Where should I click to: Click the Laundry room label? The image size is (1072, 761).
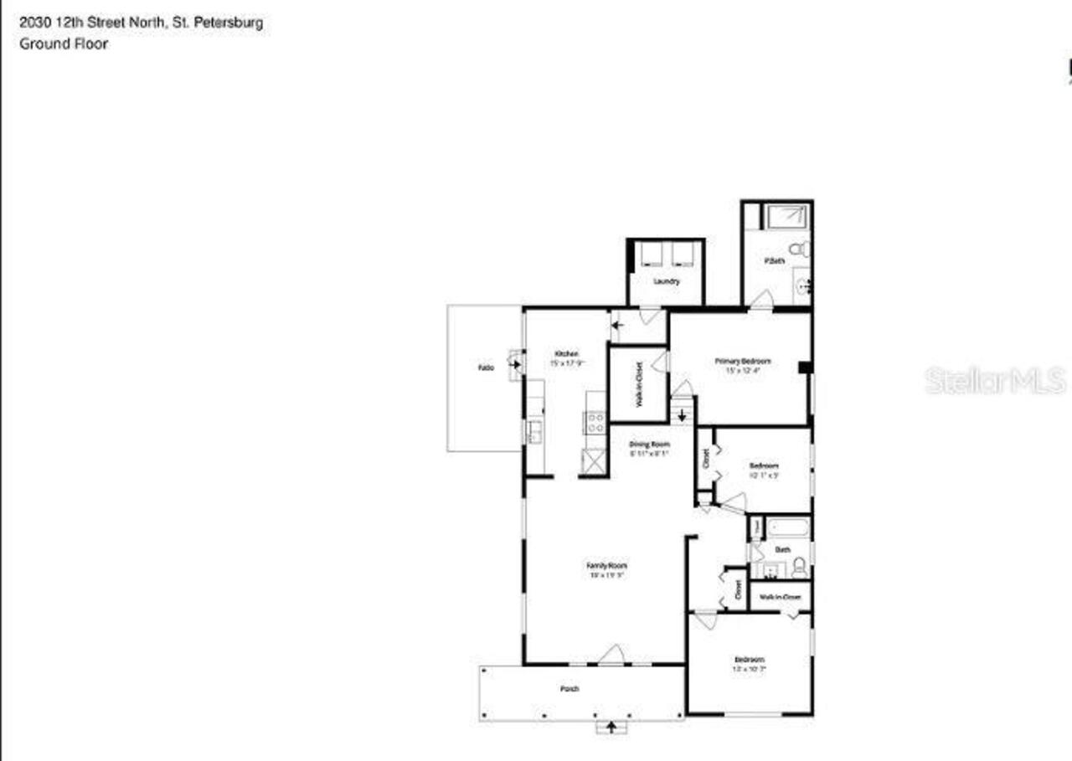(x=666, y=281)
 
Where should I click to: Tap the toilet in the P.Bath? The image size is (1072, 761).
(x=801, y=249)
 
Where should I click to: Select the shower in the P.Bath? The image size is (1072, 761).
(x=786, y=216)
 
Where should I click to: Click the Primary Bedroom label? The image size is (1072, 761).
(x=742, y=362)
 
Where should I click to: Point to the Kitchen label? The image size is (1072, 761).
(x=565, y=354)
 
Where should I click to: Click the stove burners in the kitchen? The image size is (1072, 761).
(x=595, y=423)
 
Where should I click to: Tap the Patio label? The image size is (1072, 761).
(x=485, y=368)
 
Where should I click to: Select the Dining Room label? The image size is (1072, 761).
(x=650, y=445)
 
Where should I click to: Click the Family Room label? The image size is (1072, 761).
(x=606, y=567)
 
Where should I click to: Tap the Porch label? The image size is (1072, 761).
(x=569, y=689)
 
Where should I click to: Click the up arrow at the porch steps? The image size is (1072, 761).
(x=611, y=726)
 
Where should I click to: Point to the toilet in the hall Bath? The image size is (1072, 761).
(x=799, y=568)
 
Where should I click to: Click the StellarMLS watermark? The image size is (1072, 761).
(x=995, y=379)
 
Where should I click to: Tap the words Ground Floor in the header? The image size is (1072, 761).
(x=64, y=44)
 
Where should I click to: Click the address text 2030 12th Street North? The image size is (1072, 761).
(x=92, y=23)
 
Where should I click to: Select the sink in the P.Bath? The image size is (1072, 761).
(x=802, y=285)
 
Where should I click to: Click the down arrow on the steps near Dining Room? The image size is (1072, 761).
(x=683, y=414)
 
